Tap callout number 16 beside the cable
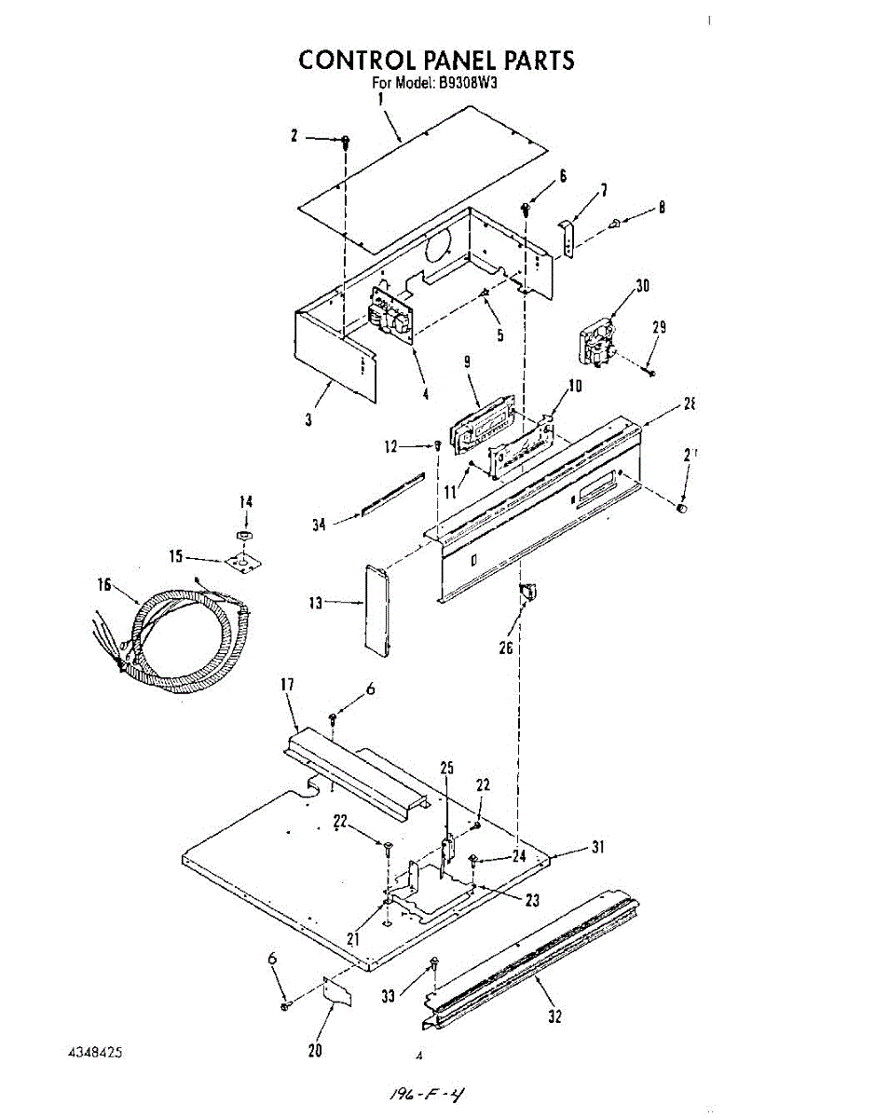(x=104, y=585)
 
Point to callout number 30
(x=641, y=286)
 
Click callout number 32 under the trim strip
(x=555, y=1016)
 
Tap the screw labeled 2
(x=346, y=142)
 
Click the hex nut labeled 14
(x=242, y=536)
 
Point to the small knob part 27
(x=682, y=508)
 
